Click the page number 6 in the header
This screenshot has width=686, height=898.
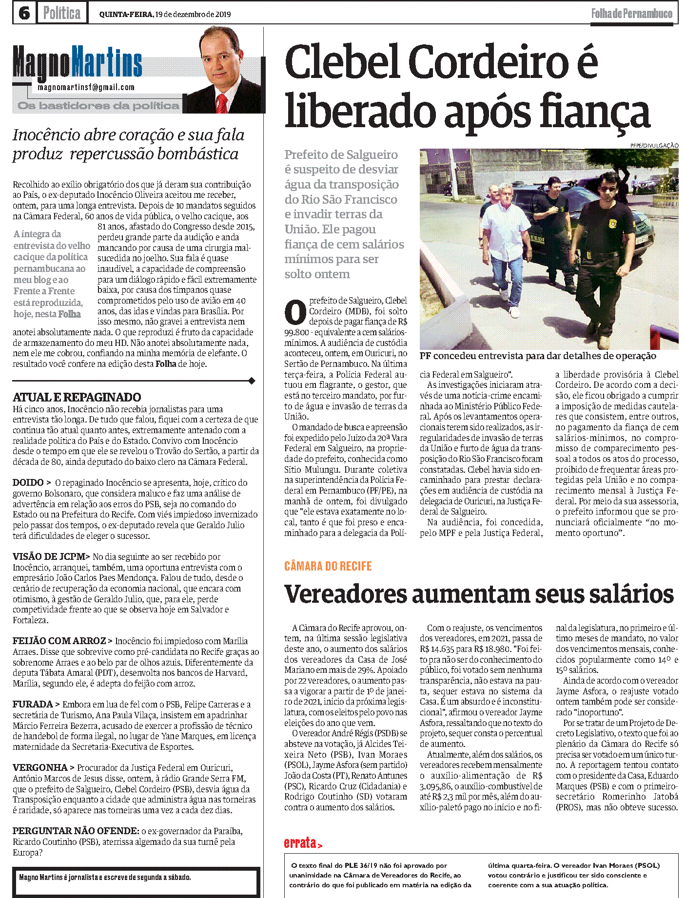(x=24, y=13)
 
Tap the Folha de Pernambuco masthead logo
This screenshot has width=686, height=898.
(x=631, y=14)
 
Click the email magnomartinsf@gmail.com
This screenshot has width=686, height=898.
(x=86, y=87)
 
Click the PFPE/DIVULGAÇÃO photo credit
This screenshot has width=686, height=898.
(x=654, y=145)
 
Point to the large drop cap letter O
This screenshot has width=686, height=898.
(x=295, y=313)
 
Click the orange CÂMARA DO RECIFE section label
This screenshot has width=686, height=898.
(x=328, y=566)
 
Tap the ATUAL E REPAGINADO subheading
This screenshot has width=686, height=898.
(x=77, y=397)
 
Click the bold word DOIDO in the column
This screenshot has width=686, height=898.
(x=28, y=483)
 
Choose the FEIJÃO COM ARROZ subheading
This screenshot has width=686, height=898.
(x=59, y=641)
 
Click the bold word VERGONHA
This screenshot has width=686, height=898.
(x=40, y=768)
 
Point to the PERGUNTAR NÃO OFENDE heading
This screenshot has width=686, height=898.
(x=76, y=831)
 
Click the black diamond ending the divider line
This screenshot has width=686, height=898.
(x=252, y=381)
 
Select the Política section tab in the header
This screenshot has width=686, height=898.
(x=62, y=13)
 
